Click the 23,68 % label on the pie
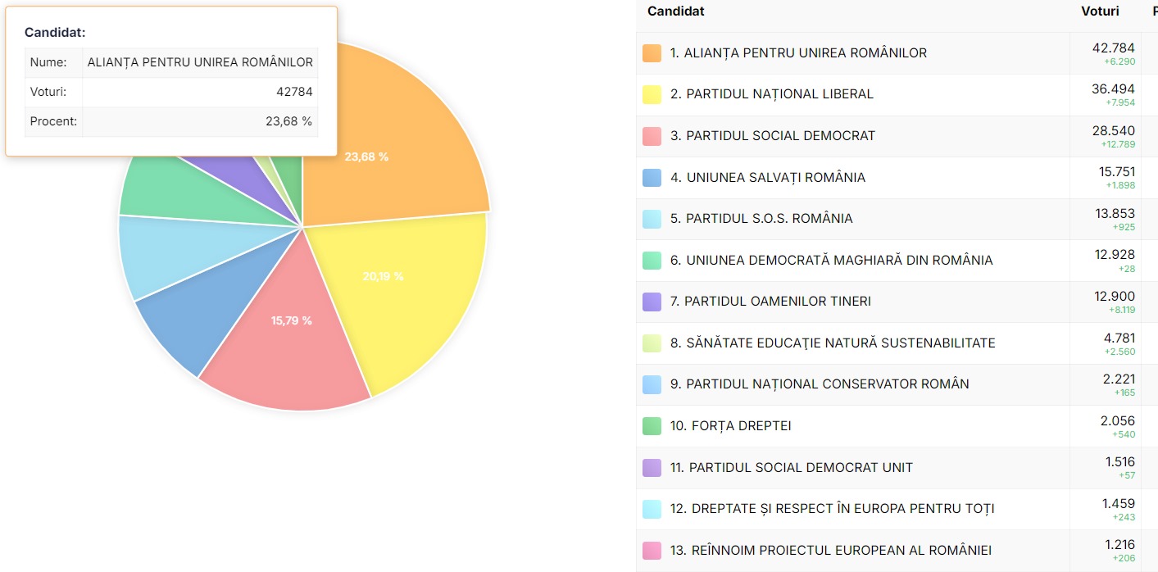pyautogui.click(x=366, y=157)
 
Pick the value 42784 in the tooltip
pyautogui.click(x=294, y=92)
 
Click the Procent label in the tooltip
pyautogui.click(x=53, y=121)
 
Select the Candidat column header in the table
pyautogui.click(x=675, y=11)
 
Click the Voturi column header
pyautogui.click(x=1100, y=11)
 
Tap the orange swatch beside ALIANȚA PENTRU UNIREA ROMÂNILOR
pyautogui.click(x=652, y=53)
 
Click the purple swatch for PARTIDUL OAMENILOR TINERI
pyautogui.click(x=652, y=302)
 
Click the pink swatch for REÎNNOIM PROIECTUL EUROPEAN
pyautogui.click(x=652, y=551)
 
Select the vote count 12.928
pyautogui.click(x=1115, y=256)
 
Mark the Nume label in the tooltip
pyautogui.click(x=48, y=62)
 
